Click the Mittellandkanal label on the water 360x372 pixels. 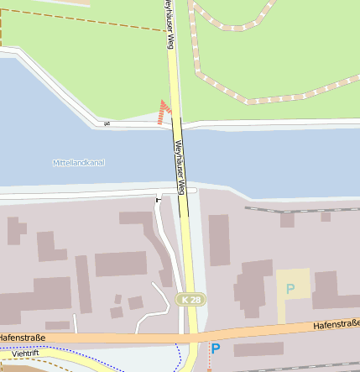[x=78, y=162]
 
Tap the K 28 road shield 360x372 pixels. [x=191, y=300]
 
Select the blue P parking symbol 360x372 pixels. [x=216, y=348]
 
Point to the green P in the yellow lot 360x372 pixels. [x=290, y=289]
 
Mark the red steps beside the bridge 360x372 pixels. [x=164, y=111]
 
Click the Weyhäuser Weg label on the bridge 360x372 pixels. [x=179, y=164]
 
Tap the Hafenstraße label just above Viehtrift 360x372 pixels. [x=20, y=338]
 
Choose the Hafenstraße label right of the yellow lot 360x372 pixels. [x=336, y=323]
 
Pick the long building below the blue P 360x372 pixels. [x=258, y=349]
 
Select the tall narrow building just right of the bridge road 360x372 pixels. [x=219, y=240]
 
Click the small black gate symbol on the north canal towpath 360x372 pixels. [x=107, y=124]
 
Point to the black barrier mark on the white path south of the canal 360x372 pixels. [x=158, y=200]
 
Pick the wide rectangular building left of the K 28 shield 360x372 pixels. [x=120, y=264]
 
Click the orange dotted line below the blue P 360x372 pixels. [x=209, y=364]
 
